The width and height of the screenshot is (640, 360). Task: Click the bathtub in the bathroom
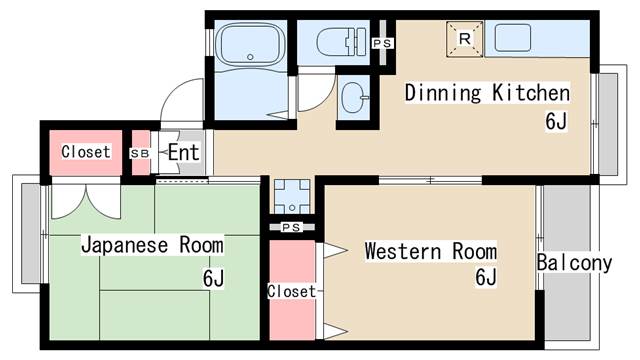point(250,44)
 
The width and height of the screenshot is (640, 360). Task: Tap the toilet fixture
point(341,41)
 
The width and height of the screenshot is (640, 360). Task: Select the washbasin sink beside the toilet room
point(355,98)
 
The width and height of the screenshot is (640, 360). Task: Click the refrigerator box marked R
point(464,39)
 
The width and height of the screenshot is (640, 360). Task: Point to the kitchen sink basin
point(513,38)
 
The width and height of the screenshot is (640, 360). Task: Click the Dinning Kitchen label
point(487,93)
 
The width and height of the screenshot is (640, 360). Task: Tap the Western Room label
point(431,251)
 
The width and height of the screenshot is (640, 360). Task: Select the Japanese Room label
point(152,245)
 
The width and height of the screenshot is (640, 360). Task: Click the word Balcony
point(574,263)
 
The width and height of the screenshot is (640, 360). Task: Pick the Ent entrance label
point(184,153)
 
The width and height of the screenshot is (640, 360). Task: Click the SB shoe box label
point(140,154)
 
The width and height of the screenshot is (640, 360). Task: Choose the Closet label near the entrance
point(86,152)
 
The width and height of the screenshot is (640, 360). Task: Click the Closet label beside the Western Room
point(291,291)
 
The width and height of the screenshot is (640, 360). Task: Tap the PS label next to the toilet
point(383,43)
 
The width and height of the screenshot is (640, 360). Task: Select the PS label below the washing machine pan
point(291,227)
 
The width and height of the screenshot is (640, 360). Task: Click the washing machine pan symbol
point(292,196)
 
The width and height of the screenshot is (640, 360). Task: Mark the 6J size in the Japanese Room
point(213,278)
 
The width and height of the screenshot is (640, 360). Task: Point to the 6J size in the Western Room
point(486,277)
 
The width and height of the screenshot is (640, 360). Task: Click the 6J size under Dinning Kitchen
point(556,120)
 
